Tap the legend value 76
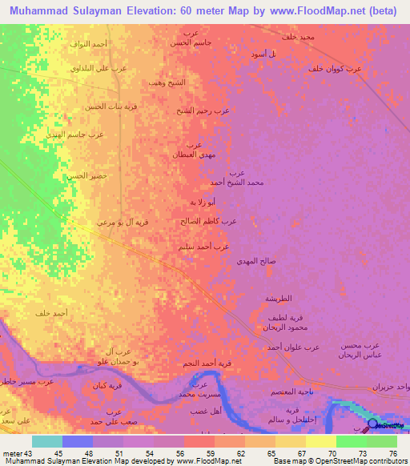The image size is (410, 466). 393,452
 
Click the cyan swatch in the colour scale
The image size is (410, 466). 47,441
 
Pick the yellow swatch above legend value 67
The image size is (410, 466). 290,441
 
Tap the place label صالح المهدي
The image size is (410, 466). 257,261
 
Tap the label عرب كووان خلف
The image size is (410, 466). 336,69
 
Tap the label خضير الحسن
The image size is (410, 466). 86,175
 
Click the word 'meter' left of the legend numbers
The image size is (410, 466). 13,452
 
